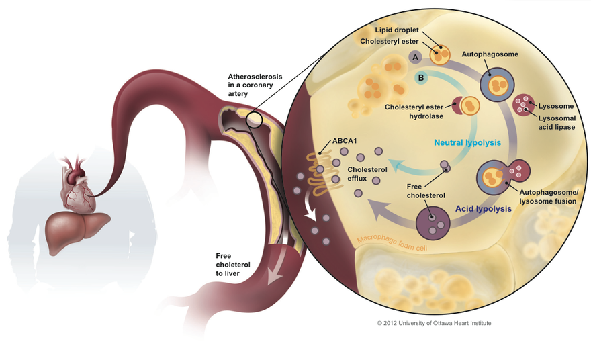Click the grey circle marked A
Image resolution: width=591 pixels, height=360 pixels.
tap(416, 57)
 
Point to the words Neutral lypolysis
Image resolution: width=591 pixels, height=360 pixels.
tap(467, 142)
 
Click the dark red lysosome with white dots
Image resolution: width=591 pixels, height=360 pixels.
tap(524, 105)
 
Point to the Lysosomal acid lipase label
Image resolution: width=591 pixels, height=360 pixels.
tap(557, 122)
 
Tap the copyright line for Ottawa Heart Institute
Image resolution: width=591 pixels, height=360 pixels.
tap(433, 323)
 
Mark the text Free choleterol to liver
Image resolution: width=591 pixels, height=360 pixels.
tap(233, 265)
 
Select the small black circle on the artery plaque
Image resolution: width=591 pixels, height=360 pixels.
tap(254, 120)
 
